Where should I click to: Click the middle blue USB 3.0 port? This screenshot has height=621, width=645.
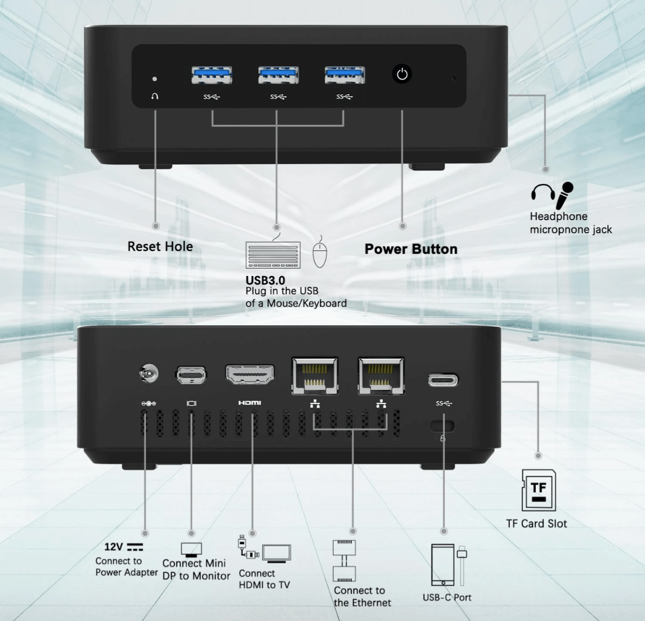279,75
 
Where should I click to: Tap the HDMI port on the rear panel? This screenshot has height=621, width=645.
250,374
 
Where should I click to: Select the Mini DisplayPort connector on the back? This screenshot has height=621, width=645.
191,375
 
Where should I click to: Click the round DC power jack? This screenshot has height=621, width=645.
149,374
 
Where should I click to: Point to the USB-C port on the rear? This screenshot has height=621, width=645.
443,380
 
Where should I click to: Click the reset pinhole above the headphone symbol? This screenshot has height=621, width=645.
154,79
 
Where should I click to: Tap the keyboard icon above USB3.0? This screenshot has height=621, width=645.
273,255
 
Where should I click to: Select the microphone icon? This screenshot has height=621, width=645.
565,195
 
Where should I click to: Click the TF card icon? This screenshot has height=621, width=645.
538,490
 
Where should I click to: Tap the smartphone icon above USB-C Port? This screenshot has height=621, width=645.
443,565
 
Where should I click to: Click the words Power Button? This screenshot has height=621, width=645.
411,249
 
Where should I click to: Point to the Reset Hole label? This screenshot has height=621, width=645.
160,246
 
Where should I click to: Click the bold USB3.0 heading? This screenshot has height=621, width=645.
265,281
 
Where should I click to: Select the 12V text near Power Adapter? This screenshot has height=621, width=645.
113,547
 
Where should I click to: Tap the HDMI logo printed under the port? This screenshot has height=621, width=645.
249,402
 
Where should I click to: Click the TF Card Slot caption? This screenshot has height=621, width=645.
536,524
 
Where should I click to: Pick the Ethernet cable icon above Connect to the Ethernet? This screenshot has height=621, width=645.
345,560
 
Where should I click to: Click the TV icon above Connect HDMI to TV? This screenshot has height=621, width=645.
277,553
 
